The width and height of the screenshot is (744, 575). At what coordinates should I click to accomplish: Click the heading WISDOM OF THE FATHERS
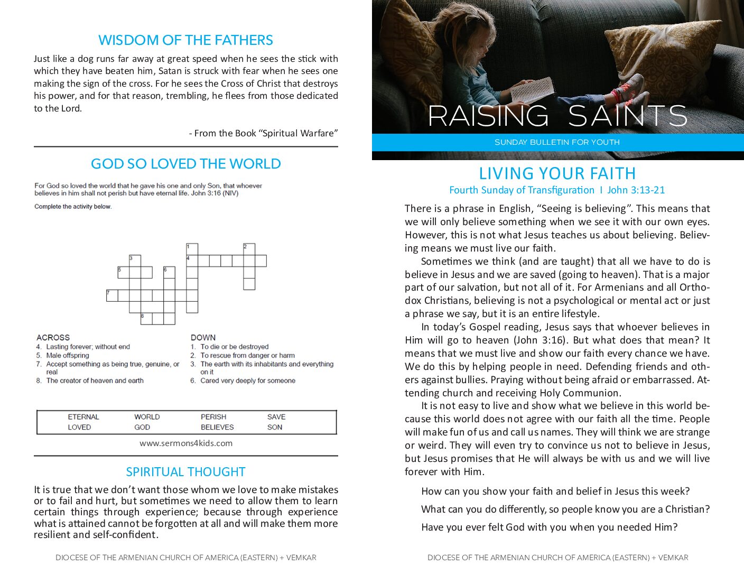point(185,40)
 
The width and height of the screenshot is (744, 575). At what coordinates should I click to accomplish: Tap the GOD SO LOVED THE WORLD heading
point(185,164)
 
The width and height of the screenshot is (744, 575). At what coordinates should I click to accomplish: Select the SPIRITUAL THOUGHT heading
point(185,472)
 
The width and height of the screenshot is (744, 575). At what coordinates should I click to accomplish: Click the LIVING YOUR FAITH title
point(557,173)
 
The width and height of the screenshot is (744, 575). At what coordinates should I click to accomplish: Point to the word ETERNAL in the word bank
point(83,417)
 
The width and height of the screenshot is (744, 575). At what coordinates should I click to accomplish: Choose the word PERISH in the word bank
point(213,417)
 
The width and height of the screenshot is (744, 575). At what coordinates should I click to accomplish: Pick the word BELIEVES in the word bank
point(217,427)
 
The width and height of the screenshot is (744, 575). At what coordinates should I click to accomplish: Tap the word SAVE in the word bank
point(276,417)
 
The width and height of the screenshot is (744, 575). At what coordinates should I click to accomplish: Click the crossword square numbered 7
point(112,295)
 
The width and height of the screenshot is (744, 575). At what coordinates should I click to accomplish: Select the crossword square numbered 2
point(249,249)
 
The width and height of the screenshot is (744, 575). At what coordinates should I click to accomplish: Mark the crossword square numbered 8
point(146,319)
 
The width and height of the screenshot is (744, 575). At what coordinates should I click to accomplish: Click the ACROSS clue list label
point(53,337)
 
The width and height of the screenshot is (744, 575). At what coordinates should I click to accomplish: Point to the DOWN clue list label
point(203,337)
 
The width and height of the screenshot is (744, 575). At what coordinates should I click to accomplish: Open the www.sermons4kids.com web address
point(186,443)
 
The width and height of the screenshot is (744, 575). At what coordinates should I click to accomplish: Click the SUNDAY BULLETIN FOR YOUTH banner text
point(557,142)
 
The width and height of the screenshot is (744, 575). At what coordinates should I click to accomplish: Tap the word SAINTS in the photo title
point(628,116)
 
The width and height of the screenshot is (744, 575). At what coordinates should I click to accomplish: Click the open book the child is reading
point(533,90)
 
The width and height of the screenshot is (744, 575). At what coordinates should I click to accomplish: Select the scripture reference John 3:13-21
point(636,190)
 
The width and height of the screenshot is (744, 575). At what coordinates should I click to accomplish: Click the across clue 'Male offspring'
point(68,356)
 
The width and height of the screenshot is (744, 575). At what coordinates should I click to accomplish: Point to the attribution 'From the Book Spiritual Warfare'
point(264,133)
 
